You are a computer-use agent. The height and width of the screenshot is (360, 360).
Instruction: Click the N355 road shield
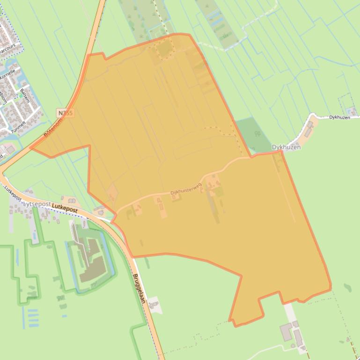point(66,113)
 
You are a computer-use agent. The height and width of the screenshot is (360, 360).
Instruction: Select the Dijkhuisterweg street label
point(185,188)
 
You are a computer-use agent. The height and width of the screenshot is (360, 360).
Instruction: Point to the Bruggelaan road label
point(140,288)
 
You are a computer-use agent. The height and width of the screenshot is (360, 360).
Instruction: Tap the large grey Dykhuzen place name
point(286,147)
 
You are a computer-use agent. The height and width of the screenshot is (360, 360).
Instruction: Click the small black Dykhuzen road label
point(339,117)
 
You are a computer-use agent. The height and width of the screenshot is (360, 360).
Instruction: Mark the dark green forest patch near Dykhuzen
point(254,134)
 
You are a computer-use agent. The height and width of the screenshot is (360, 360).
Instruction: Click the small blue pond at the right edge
point(347,288)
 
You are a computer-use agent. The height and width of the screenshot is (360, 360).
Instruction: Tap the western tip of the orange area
point(31,149)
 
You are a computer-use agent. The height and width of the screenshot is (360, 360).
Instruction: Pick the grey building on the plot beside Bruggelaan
point(154,305)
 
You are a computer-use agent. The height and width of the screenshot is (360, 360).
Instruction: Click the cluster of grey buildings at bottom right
point(292,333)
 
